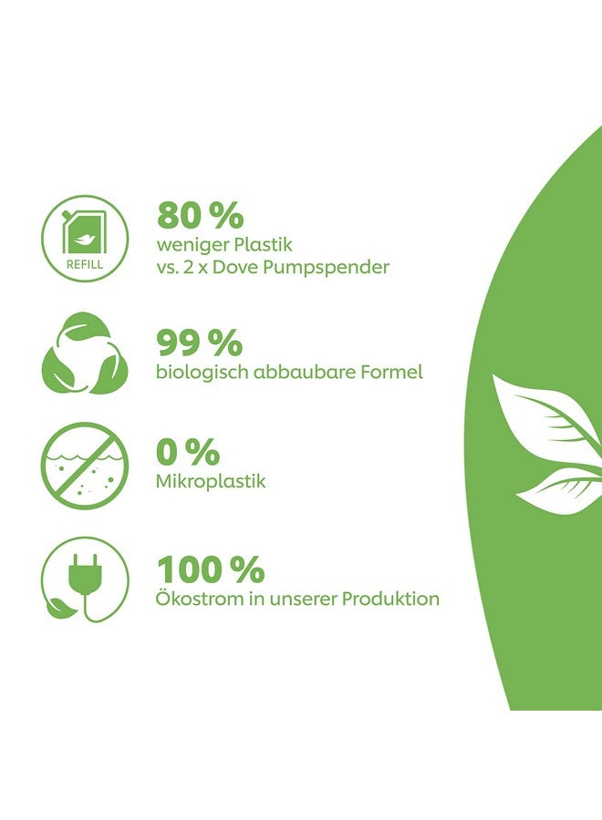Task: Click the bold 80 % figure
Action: click(x=201, y=215)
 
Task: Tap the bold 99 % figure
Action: click(x=200, y=343)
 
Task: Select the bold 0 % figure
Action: click(x=187, y=452)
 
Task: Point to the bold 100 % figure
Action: click(x=211, y=569)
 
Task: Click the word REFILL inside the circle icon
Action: click(x=85, y=264)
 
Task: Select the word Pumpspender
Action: click(x=326, y=268)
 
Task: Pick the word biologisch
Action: click(x=202, y=373)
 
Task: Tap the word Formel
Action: click(x=391, y=372)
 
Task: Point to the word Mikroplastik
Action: click(x=211, y=481)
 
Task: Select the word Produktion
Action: click(x=390, y=599)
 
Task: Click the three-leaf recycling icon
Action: click(x=85, y=354)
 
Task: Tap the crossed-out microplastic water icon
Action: click(x=85, y=466)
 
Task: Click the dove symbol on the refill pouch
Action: click(x=84, y=240)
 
